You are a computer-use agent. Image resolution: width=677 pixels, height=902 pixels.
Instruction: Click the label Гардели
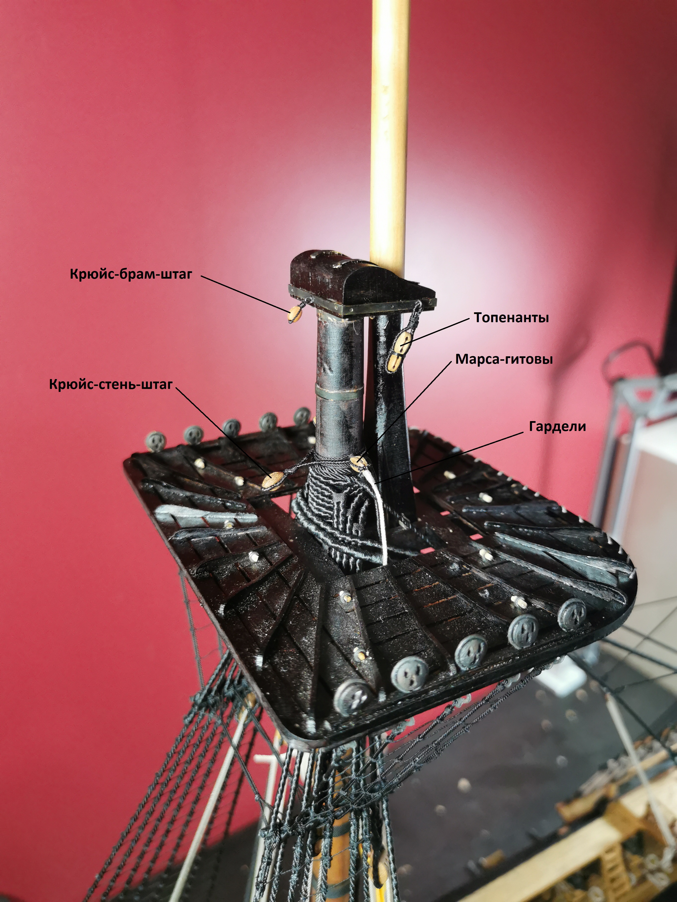tap(557, 427)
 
